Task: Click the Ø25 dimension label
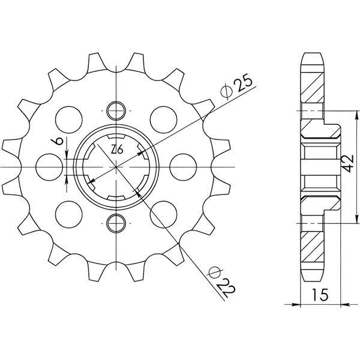236,87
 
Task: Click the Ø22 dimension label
221,281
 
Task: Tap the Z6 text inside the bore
117,150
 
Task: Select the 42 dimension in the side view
349,164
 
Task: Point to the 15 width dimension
320,295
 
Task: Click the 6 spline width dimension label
58,141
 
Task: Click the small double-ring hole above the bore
116,110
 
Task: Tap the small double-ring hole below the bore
116,223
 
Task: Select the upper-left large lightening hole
69,119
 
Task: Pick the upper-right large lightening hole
163,119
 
